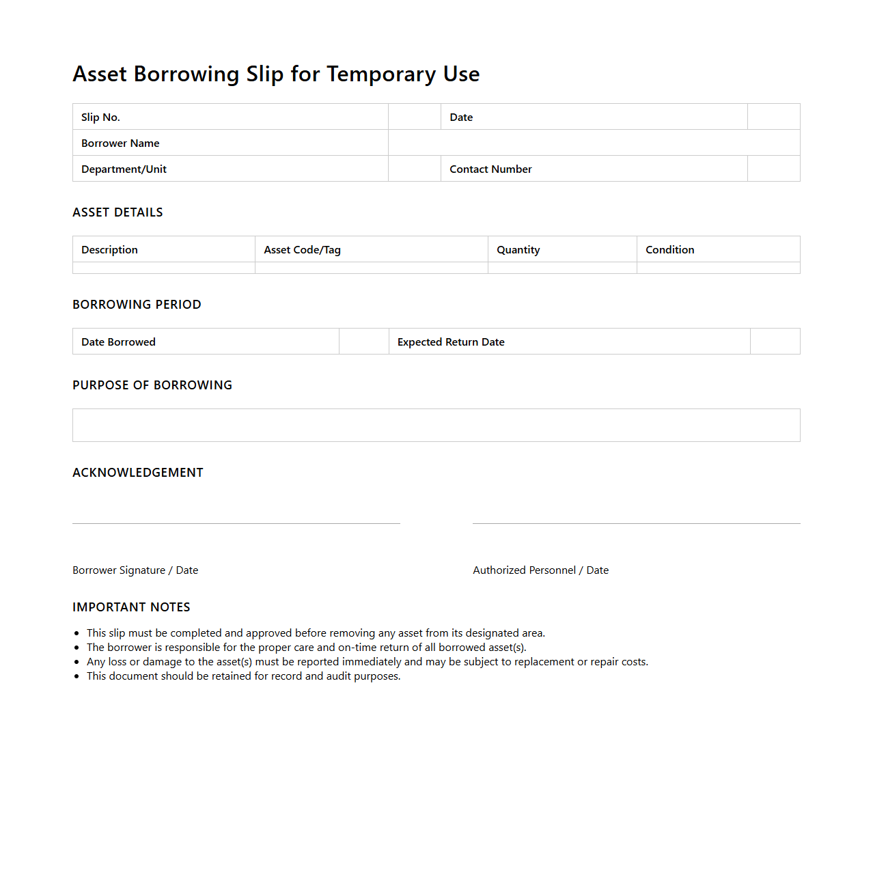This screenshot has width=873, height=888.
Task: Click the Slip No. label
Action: tap(100, 117)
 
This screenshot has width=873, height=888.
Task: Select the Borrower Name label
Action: tap(120, 143)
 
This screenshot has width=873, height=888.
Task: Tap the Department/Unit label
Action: tap(124, 169)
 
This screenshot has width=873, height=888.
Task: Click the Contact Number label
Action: tap(490, 169)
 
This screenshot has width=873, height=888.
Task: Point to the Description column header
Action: tap(109, 250)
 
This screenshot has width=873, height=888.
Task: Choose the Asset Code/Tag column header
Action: tap(302, 250)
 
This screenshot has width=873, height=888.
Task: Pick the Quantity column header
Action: tap(518, 250)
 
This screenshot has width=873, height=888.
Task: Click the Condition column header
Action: tap(669, 250)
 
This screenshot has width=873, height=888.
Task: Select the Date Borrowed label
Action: tap(118, 342)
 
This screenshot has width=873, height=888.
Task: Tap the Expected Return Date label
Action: tap(451, 342)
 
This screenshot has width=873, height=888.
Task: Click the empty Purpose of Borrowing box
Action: tap(436, 426)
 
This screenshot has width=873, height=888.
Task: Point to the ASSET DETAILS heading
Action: tap(117, 212)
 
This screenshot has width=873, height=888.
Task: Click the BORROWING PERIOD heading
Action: tap(137, 305)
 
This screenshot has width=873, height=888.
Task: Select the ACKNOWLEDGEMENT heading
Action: tap(138, 473)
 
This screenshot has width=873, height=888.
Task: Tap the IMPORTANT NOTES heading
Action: tap(131, 607)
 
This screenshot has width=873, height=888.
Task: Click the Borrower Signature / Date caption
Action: tap(135, 570)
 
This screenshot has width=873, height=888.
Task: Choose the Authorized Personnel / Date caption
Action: tap(540, 570)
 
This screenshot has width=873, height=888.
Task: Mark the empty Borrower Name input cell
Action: tap(594, 143)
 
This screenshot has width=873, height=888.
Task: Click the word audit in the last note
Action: tap(338, 676)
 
